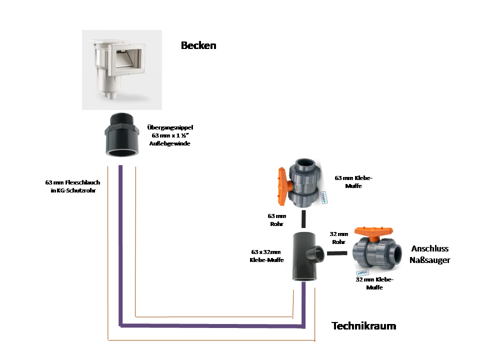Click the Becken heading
coord(198,45)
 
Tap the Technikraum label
coord(363,326)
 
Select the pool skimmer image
coord(121,70)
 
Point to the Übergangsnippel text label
coord(170,135)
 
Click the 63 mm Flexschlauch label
coord(72,186)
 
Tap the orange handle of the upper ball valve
coord(281,184)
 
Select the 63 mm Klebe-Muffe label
coord(353,182)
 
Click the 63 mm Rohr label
coord(276,220)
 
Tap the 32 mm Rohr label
coord(339,237)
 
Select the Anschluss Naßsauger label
coord(429,254)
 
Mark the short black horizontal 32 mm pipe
coord(337,253)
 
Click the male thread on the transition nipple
coord(122,121)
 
